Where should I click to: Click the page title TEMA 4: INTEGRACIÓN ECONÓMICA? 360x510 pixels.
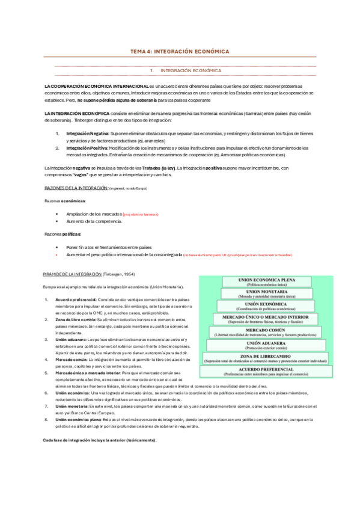[x=180, y=52]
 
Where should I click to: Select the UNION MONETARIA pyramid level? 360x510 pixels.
[x=278, y=294]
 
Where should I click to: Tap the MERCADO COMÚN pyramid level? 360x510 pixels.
[x=278, y=332]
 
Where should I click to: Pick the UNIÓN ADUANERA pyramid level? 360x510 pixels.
[x=278, y=345]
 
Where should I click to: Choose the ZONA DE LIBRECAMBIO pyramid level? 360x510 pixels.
[x=278, y=357]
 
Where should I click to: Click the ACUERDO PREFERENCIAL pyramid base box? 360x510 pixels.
[x=278, y=370]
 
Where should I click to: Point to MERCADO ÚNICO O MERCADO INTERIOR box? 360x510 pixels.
[x=278, y=319]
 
